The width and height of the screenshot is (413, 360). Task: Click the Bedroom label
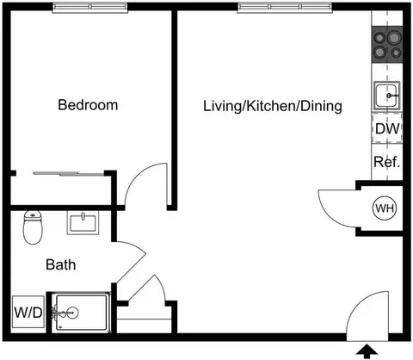click(x=88, y=105)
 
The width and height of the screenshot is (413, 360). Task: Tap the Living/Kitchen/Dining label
click(x=273, y=106)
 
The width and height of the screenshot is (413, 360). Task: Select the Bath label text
click(x=61, y=264)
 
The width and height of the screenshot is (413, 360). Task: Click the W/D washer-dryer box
click(x=28, y=312)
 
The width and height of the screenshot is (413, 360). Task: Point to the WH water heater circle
click(x=385, y=208)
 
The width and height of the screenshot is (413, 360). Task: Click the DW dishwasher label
click(x=387, y=129)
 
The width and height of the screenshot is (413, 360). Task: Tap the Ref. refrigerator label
click(x=386, y=162)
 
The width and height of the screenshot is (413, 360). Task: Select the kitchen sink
click(x=386, y=96)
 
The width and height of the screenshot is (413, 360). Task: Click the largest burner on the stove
click(x=394, y=38)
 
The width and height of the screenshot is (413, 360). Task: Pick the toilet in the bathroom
click(x=33, y=227)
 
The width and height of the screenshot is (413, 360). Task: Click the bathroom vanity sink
click(x=83, y=223)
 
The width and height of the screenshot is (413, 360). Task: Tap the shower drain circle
click(x=72, y=313)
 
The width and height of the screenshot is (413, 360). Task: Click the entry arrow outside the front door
click(x=367, y=352)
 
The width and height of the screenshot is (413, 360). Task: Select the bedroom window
click(x=89, y=7)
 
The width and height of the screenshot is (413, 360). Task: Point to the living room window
click(x=285, y=7)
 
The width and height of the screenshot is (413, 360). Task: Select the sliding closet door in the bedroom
click(x=68, y=173)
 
